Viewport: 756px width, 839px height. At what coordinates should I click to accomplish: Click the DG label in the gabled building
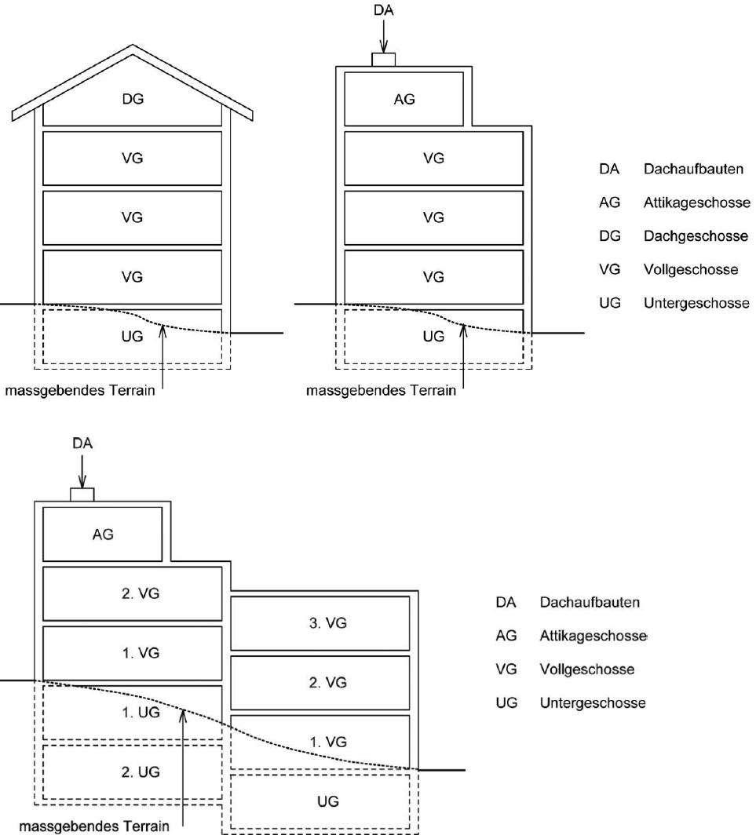[133, 99]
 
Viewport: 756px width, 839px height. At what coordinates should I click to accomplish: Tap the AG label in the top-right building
[404, 99]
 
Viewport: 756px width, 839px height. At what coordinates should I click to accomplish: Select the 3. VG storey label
[327, 623]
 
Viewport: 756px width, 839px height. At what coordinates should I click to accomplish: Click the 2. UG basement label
[141, 772]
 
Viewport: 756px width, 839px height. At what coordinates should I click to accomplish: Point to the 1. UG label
[141, 712]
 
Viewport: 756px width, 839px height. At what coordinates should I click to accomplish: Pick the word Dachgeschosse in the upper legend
[696, 236]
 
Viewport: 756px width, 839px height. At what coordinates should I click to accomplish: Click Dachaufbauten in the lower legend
[590, 603]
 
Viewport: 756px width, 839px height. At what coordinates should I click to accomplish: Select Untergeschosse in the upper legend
[696, 303]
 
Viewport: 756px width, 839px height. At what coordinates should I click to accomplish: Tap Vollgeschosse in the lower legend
[587, 669]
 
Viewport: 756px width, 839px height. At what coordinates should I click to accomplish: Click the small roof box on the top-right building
[384, 60]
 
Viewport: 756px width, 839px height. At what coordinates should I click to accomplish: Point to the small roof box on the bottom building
[82, 494]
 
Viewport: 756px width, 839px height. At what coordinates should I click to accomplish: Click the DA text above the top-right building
[384, 10]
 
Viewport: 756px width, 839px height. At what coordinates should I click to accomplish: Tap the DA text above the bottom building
[82, 443]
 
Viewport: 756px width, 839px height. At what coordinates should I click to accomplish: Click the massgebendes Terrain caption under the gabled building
[80, 391]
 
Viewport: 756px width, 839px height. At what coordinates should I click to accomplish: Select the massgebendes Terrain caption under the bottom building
[94, 826]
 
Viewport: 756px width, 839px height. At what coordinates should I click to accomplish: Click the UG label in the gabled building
[132, 336]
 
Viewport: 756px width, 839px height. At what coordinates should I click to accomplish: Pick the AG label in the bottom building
[103, 534]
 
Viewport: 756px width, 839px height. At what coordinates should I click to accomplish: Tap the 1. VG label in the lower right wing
[327, 742]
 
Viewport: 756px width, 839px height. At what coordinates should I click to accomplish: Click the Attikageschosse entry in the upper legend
[696, 202]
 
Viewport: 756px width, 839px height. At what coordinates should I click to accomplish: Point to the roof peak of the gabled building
[133, 45]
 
